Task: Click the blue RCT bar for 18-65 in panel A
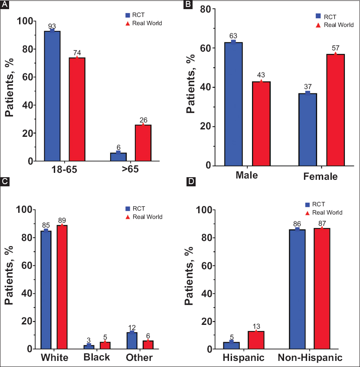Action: tap(52, 96)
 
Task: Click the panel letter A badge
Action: tap(5, 5)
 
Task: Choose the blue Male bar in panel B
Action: tap(233, 104)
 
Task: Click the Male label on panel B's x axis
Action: tap(247, 176)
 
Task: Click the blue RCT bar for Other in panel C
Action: tap(132, 341)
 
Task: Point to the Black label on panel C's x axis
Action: tap(96, 358)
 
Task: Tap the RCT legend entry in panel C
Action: tap(134, 208)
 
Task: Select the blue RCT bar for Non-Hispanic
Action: tap(298, 289)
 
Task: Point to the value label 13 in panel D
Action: tap(256, 326)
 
